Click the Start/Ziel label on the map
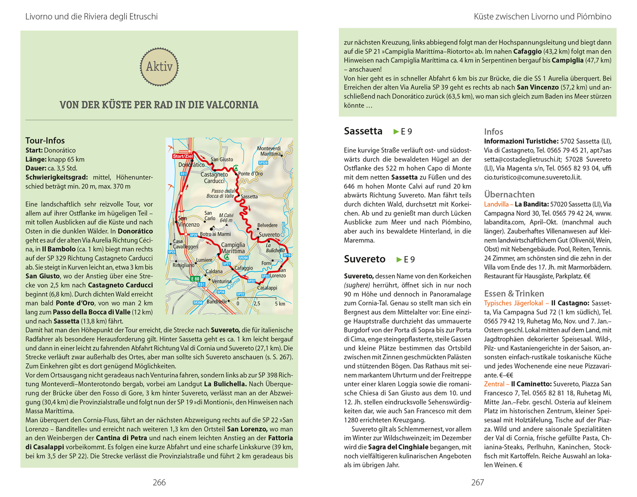pos(183,156)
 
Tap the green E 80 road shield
pos(195,279)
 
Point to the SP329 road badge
pos(263,163)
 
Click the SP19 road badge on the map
pos(287,255)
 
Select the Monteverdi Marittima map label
pos(269,151)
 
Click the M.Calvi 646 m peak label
pos(226,218)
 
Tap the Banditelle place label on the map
pos(217,302)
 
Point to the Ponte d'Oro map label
pos(250,174)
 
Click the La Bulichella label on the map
pos(275,248)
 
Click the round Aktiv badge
pos(159,67)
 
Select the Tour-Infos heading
pos(45,141)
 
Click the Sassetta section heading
pos(363,131)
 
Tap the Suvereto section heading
pos(365,259)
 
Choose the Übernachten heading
pos(509,195)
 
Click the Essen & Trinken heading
pos(514,294)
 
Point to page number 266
pos(159,483)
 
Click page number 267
pos(478,483)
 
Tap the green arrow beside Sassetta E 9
pos(396,132)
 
